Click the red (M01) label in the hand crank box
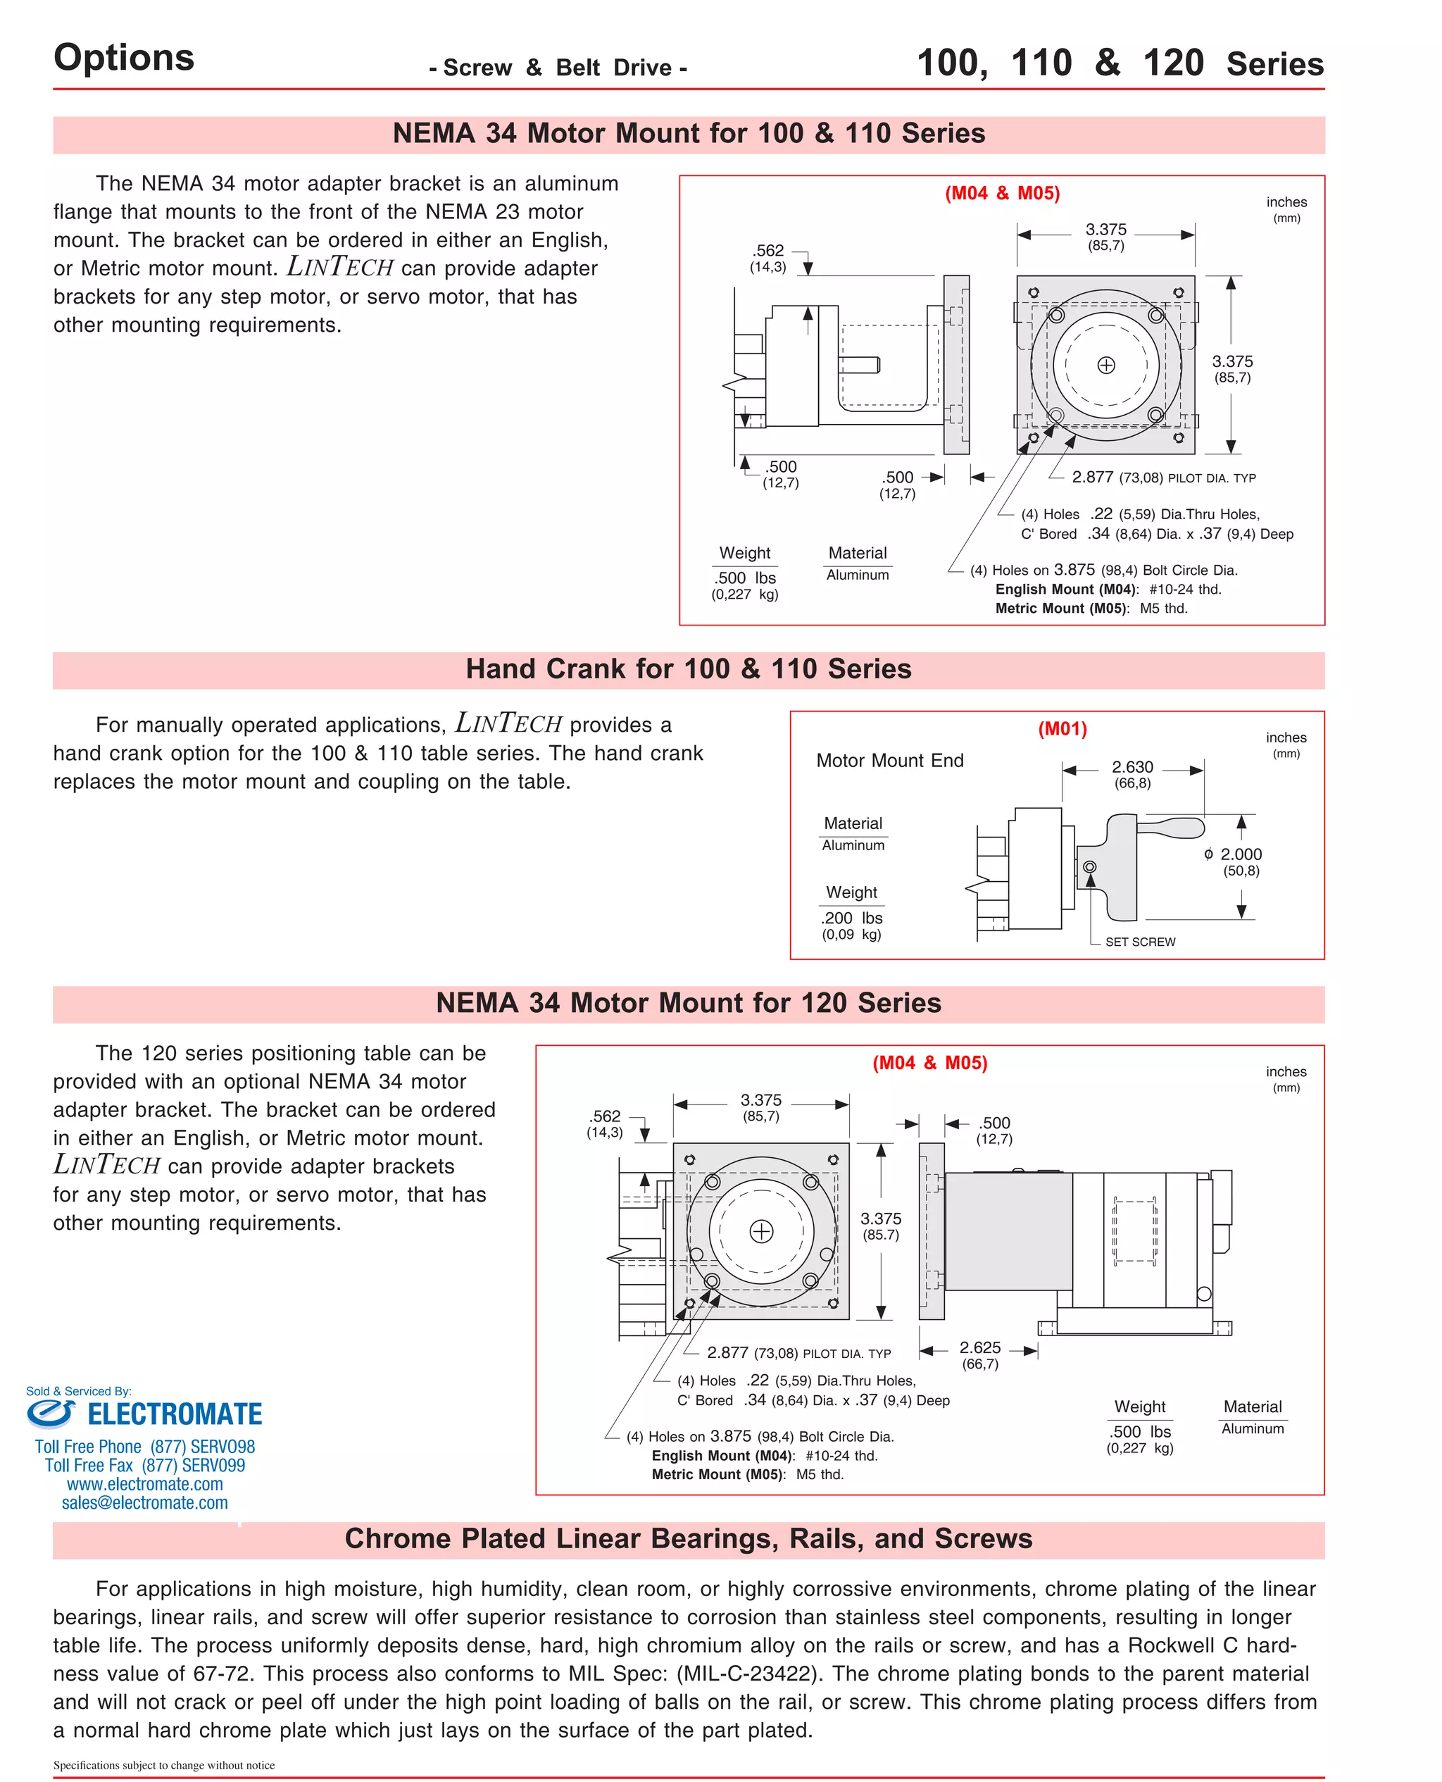coord(1062,728)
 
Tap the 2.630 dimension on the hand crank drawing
coord(1131,767)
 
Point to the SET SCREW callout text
coord(1140,941)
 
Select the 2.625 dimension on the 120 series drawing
coord(979,1347)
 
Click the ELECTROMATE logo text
coord(175,1414)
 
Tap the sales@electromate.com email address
coord(144,1502)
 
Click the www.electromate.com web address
coord(144,1484)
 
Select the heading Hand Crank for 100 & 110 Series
coord(688,668)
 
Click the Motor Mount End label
coord(889,760)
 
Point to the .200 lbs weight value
coord(851,918)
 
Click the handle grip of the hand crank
coord(1171,828)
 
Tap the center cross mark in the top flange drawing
coord(1105,365)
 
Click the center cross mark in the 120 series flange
coord(761,1231)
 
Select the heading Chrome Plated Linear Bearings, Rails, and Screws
coord(688,1538)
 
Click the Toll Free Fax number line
coord(144,1466)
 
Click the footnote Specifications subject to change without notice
coord(163,1764)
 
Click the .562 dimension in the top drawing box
coord(768,250)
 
